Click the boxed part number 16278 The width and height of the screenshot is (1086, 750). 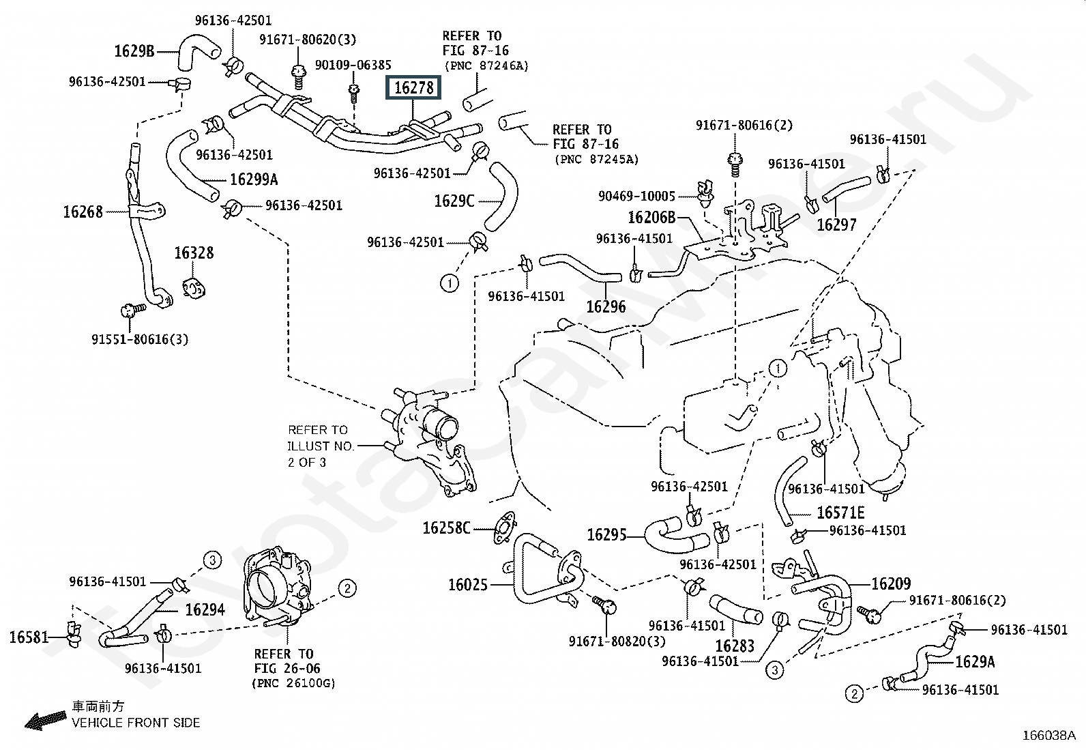tap(413, 87)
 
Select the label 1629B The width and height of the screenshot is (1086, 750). tap(134, 51)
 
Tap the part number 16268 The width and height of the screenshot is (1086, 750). tap(83, 212)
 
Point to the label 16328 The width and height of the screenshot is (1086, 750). tap(194, 253)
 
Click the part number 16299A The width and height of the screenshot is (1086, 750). tap(254, 179)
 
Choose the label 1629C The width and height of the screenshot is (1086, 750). tap(454, 201)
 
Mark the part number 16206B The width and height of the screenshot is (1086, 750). tap(651, 217)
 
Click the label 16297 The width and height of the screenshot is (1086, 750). tap(837, 225)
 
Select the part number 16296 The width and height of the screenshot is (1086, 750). tap(606, 306)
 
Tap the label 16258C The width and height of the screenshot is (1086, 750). tap(447, 528)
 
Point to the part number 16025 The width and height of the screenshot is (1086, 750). tap(468, 585)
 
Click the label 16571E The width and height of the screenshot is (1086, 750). tap(840, 513)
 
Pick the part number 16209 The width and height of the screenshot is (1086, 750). tap(891, 583)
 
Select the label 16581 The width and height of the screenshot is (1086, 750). tap(29, 637)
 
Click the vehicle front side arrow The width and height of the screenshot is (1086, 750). tap(46, 720)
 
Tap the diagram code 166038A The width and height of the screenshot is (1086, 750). tap(1048, 736)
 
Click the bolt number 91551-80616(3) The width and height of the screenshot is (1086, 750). tap(140, 339)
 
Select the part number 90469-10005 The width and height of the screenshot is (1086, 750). tap(636, 196)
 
